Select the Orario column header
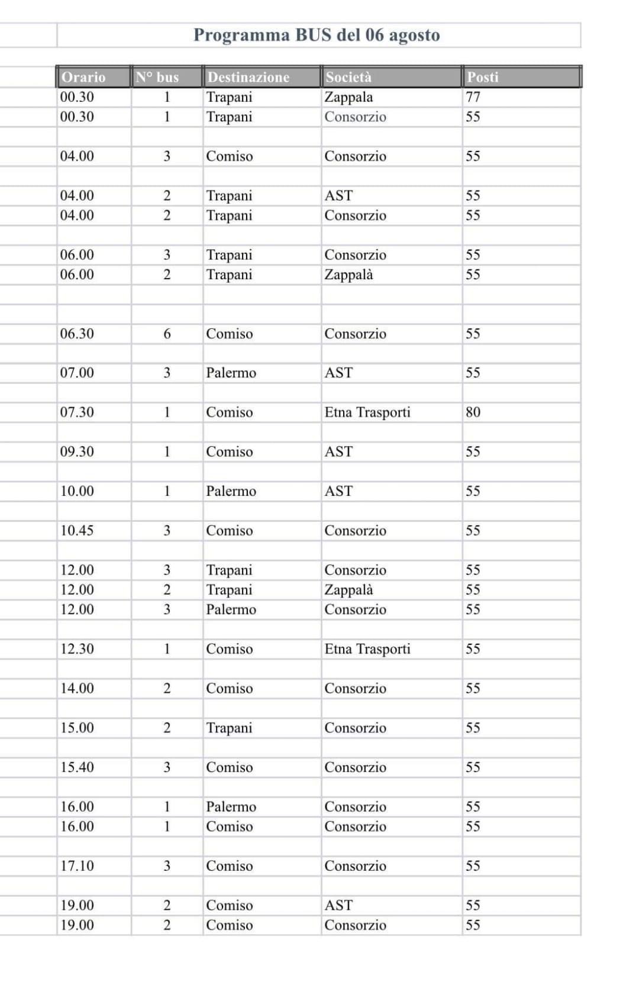click(x=83, y=77)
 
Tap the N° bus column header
click(x=157, y=77)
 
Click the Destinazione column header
click(x=248, y=77)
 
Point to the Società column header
click(x=348, y=77)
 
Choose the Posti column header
click(x=483, y=77)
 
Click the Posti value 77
click(x=473, y=97)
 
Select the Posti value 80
click(x=473, y=412)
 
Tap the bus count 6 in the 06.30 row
click(x=167, y=334)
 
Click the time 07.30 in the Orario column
click(x=77, y=412)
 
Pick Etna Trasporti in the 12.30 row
click(x=367, y=649)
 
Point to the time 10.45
click(x=77, y=531)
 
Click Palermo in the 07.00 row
click(x=231, y=373)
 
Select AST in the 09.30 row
click(x=338, y=452)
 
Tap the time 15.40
click(x=77, y=767)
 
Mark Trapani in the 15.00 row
click(x=229, y=728)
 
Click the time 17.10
click(x=77, y=866)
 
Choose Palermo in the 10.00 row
click(x=231, y=491)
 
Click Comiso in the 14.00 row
click(x=229, y=689)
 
